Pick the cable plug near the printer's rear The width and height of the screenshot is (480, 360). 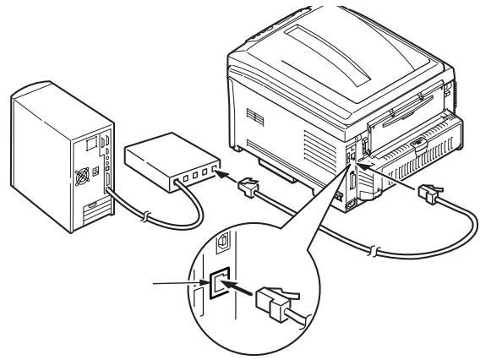tap(428, 197)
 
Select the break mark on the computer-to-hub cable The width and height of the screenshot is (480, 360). tap(149, 216)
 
